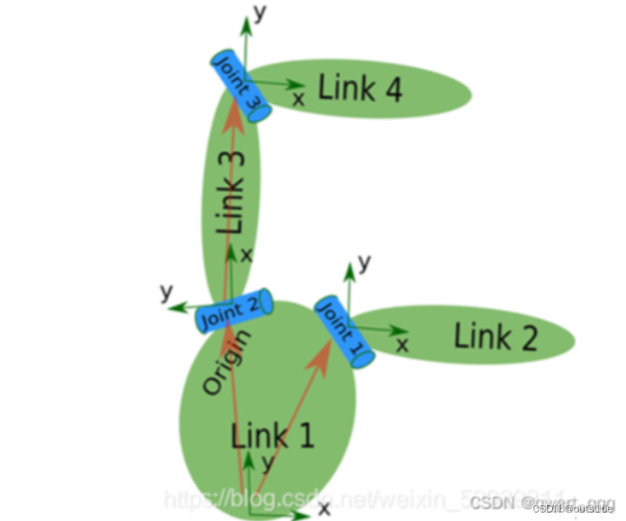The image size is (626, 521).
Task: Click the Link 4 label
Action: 360,87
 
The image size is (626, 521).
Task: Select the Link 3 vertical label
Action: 230,193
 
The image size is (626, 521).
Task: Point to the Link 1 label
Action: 273,436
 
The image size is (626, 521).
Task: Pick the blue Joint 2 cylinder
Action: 234,311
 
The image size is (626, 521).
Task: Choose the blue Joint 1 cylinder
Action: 343,332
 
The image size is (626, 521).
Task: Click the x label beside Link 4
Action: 299,99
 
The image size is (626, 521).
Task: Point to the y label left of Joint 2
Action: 166,293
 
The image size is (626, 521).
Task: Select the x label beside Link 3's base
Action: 247,254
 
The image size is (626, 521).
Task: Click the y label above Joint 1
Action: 365,262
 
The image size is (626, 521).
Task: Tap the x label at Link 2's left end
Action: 403,344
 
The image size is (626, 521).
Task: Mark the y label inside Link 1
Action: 267,462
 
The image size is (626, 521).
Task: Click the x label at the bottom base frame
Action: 323,508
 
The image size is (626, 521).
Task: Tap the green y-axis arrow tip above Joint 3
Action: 246,20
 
